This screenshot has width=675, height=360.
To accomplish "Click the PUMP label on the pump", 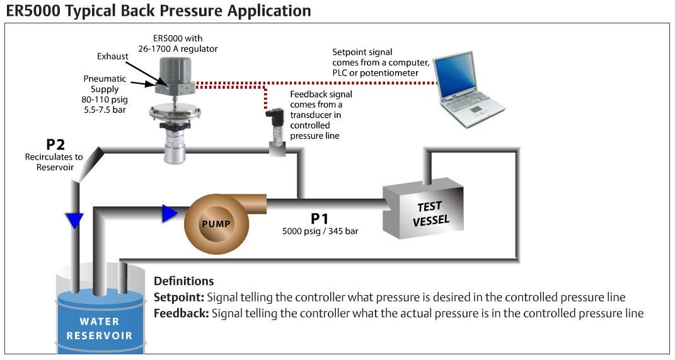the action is pyautogui.click(x=216, y=224).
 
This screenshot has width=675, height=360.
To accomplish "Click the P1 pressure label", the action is pyautogui.click(x=320, y=219).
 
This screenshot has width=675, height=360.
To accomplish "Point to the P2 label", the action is pyautogui.click(x=55, y=144).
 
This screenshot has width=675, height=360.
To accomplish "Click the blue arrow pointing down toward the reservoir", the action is pyautogui.click(x=75, y=221).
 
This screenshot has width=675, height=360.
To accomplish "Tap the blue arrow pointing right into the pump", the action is pyautogui.click(x=170, y=213).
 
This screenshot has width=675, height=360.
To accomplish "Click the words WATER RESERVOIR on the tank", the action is pyautogui.click(x=100, y=328).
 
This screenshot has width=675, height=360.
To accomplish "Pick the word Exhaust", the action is pyautogui.click(x=112, y=56).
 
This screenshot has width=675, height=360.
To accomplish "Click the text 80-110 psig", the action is pyautogui.click(x=105, y=100).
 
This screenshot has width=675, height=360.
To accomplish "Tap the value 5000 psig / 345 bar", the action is pyautogui.click(x=320, y=231).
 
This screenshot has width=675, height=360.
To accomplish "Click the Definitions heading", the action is pyautogui.click(x=184, y=281).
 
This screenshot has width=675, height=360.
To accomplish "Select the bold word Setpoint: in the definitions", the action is pyautogui.click(x=178, y=298).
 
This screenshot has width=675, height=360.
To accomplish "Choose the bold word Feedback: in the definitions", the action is pyautogui.click(x=182, y=313).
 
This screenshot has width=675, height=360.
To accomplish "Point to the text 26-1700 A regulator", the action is pyautogui.click(x=178, y=49).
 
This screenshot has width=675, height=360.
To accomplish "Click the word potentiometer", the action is pyautogui.click(x=389, y=73).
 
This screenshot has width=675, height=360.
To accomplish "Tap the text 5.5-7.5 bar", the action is pyautogui.click(x=105, y=110).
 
